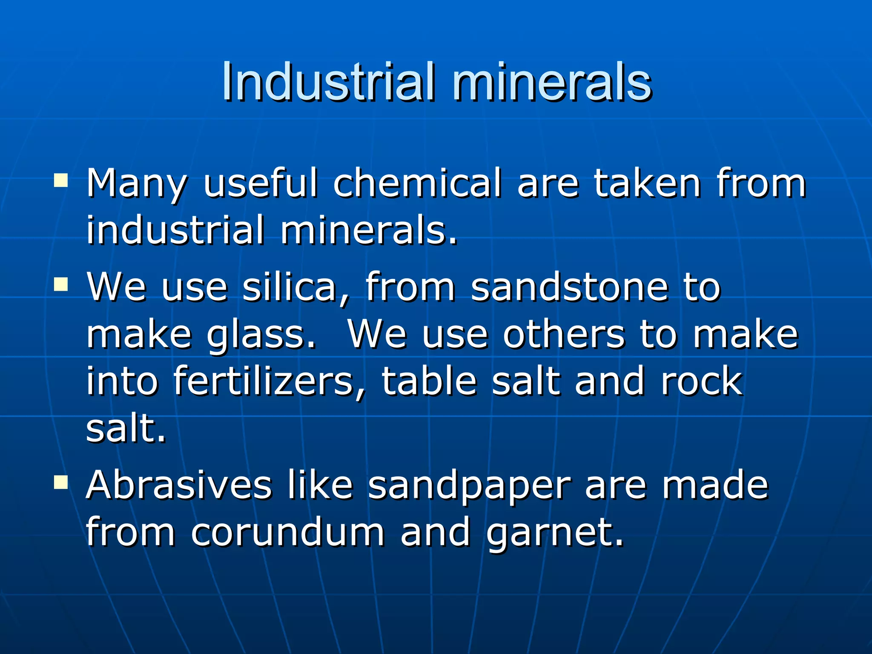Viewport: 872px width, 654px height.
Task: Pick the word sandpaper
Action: [x=469, y=486]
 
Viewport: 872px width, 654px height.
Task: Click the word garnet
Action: [x=554, y=533]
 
